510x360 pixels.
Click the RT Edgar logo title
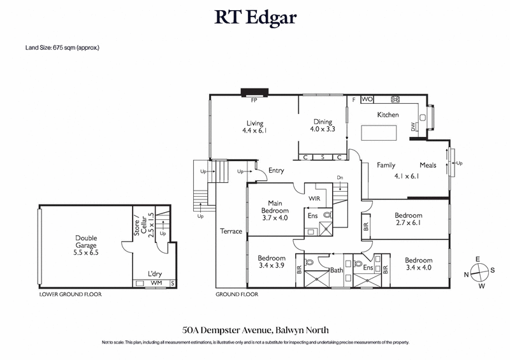click(255, 17)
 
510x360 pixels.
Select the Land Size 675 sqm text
click(62, 48)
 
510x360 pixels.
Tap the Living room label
click(255, 124)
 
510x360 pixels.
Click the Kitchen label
click(388, 115)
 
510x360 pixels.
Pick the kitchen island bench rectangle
click(379, 133)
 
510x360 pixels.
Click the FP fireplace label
click(254, 100)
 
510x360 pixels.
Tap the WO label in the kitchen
click(367, 99)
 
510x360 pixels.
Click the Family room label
click(386, 166)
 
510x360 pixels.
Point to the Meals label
click(428, 166)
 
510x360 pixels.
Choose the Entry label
click(276, 171)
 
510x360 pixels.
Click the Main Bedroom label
click(275, 206)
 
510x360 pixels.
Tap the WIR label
click(314, 198)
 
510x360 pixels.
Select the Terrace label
click(231, 231)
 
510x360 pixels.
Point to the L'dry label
click(155, 273)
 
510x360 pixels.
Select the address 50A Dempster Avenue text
click(254, 330)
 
